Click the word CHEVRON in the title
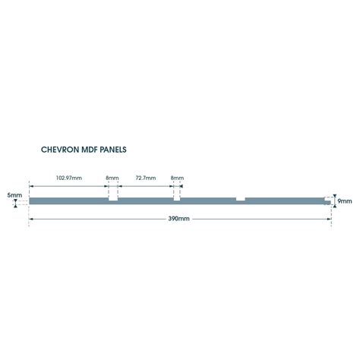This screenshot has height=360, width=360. click(x=60, y=150)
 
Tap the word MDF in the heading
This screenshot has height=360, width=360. click(x=90, y=150)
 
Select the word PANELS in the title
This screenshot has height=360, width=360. click(x=113, y=150)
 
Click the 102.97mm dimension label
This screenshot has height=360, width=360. click(x=69, y=178)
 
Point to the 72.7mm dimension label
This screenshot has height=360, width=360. click(x=146, y=178)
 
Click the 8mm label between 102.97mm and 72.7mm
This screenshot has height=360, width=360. click(x=112, y=178)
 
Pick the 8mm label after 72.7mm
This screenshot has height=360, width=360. click(x=177, y=178)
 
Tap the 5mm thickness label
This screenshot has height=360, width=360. click(x=14, y=195)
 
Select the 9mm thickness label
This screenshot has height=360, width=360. click(x=345, y=201)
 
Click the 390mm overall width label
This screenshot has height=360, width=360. click(x=178, y=219)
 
